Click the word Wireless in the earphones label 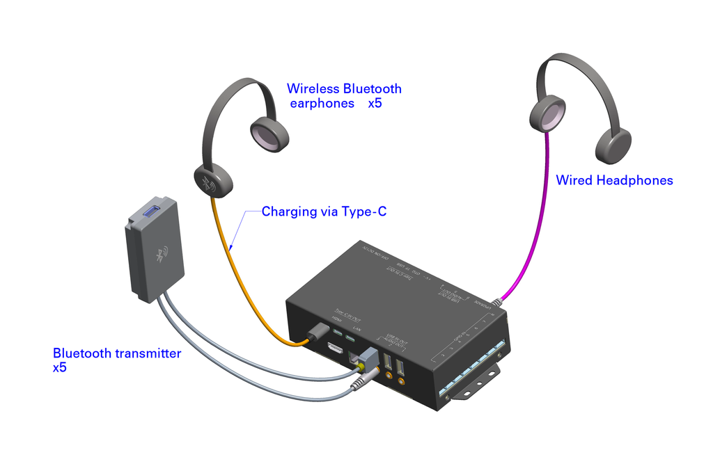[x=313, y=89]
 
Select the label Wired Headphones [x=614, y=181]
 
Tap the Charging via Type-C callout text [x=324, y=211]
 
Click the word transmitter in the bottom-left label [x=146, y=353]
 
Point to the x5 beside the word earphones [x=375, y=104]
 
